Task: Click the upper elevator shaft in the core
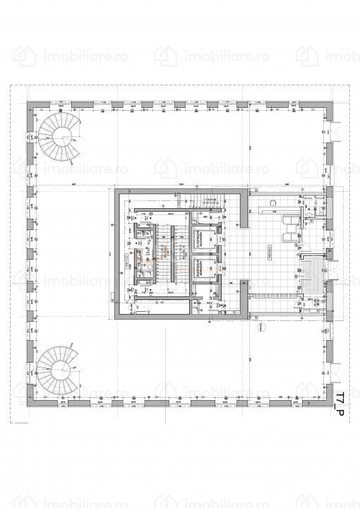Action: tap(203, 239)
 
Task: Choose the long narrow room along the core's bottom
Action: tap(162, 305)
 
